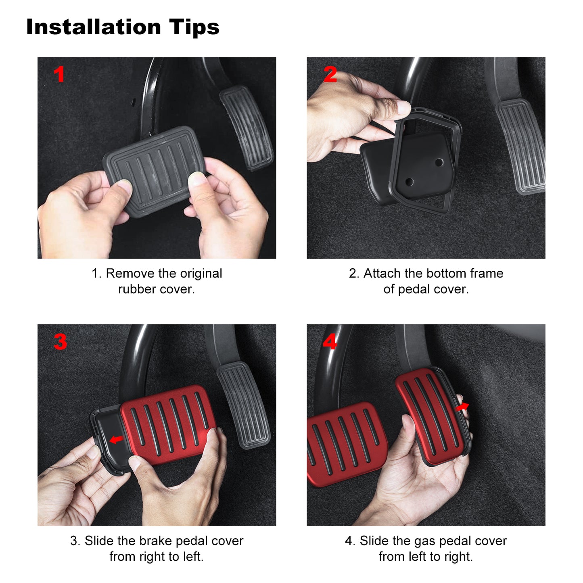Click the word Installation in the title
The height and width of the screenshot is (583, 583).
pyautogui.click(x=94, y=27)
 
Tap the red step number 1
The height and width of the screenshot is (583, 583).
pyautogui.click(x=59, y=74)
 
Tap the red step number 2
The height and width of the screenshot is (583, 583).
pyautogui.click(x=330, y=74)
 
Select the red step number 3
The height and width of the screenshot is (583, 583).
pyautogui.click(x=60, y=342)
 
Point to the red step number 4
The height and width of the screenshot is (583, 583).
pyautogui.click(x=330, y=342)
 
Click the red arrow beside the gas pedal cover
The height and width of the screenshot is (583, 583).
pyautogui.click(x=462, y=407)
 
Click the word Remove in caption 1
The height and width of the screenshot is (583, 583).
pyautogui.click(x=130, y=273)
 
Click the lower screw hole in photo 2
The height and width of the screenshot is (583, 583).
pyautogui.click(x=409, y=182)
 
